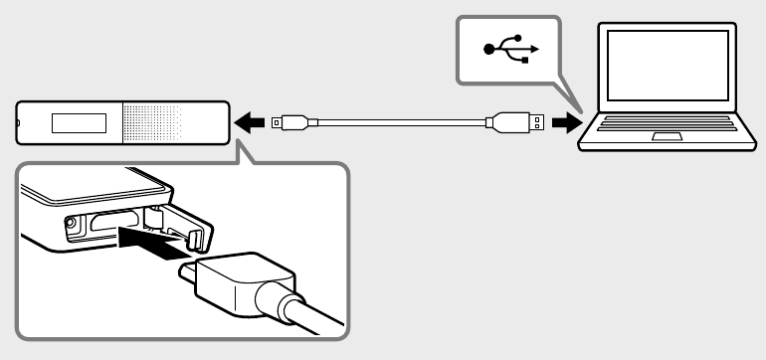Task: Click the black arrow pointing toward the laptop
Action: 565,123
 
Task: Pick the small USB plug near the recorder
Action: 291,123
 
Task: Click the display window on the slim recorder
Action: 80,123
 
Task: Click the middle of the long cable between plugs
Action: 398,123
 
